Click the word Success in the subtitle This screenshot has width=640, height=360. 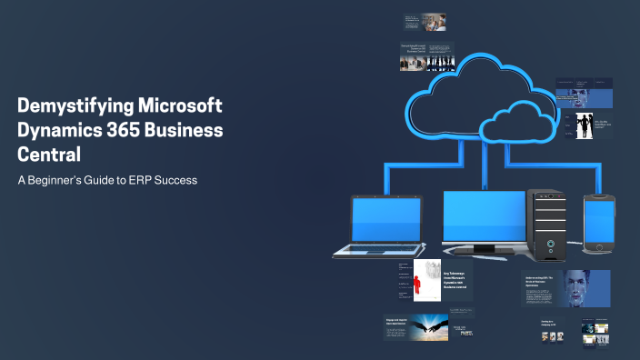(x=172, y=180)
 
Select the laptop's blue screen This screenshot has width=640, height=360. (x=386, y=220)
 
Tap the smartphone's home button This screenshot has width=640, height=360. (x=598, y=246)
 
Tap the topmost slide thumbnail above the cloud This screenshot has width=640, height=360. (x=425, y=22)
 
